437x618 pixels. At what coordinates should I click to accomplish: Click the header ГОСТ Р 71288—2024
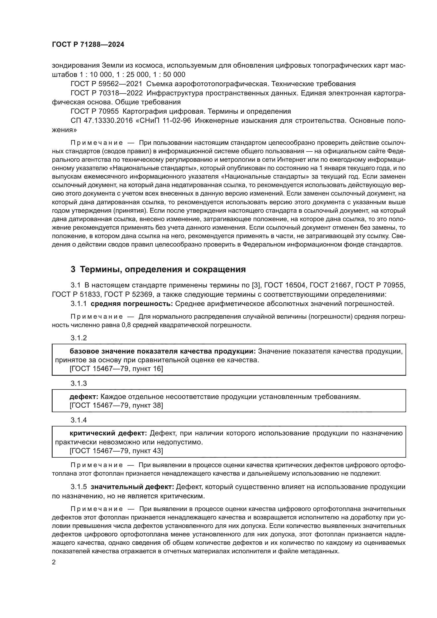pos(88,45)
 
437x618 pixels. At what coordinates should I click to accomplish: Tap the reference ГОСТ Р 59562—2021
pos(106,84)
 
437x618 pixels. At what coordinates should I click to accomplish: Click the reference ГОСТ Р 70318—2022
pos(106,93)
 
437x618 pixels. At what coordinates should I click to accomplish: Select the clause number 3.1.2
pos(78,338)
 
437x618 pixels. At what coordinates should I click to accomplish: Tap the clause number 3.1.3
pos(78,383)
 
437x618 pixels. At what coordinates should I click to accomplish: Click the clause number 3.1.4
pos(78,420)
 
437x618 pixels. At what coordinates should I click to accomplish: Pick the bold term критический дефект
pos(108,433)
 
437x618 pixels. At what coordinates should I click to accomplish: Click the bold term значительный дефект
pos(132,487)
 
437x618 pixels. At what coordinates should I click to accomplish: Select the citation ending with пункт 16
pos(116,369)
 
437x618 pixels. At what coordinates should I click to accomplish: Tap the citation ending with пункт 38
pos(116,405)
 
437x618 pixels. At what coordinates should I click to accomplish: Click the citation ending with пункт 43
pos(116,451)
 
